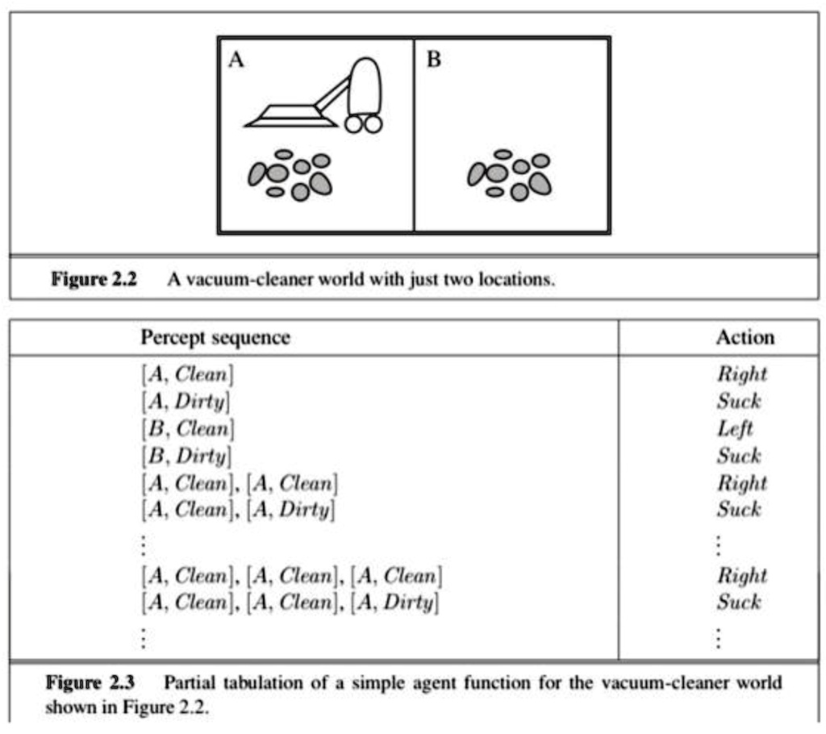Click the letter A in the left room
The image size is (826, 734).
[x=236, y=60]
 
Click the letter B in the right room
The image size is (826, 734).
[x=433, y=60]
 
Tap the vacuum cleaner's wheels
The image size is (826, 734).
[x=363, y=123]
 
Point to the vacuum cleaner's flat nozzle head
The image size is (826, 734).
[x=290, y=116]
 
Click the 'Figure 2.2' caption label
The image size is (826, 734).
[x=94, y=280]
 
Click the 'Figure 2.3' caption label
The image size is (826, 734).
[x=90, y=683]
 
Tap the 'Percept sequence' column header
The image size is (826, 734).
[x=215, y=337]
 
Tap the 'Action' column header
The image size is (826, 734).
[x=745, y=337]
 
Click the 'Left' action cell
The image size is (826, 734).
[x=734, y=428]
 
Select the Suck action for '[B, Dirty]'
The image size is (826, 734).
[x=738, y=456]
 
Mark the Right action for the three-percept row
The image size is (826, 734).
[x=741, y=576]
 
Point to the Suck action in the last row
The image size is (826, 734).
[x=738, y=603]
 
